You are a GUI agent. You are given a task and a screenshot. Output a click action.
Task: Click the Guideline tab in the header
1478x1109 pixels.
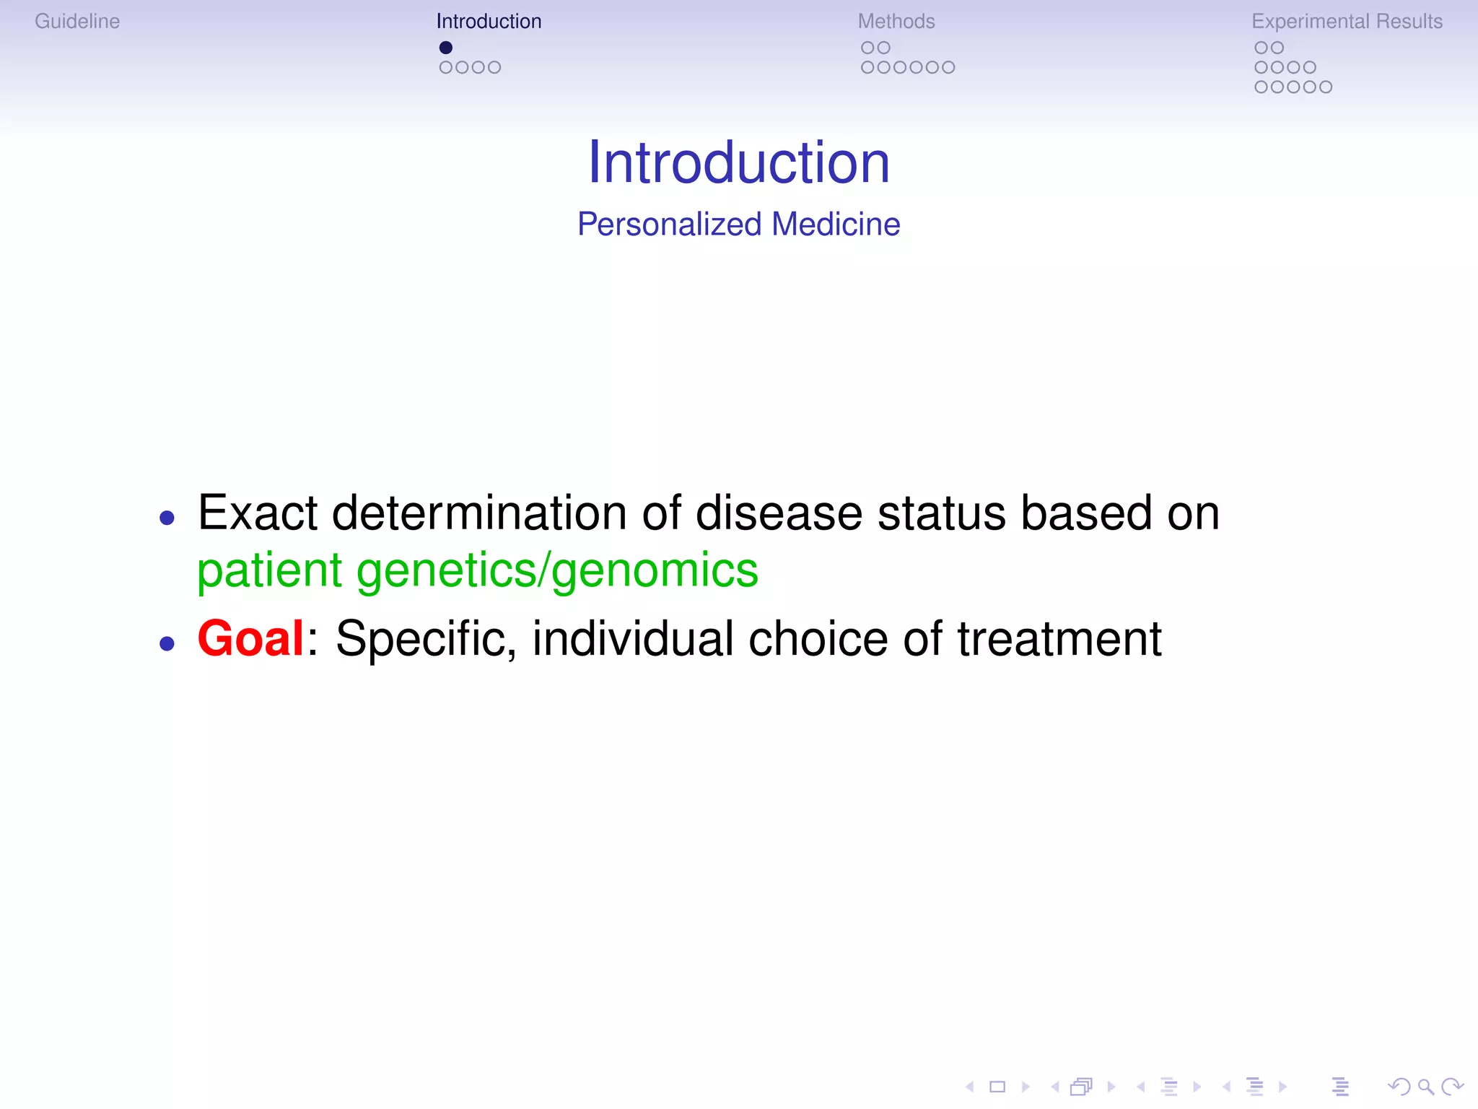click(x=77, y=22)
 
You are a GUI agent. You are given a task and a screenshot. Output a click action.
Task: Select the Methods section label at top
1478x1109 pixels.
click(x=896, y=22)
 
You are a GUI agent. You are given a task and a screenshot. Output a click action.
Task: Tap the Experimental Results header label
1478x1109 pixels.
click(x=1347, y=22)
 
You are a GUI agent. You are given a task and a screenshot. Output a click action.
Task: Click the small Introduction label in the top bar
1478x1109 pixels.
click(x=489, y=22)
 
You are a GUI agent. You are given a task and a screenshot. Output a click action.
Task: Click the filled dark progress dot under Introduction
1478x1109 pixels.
click(x=446, y=48)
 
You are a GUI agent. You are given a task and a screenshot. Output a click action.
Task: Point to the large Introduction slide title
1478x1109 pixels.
click(x=739, y=162)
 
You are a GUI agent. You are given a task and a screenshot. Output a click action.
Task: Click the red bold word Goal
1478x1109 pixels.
click(x=250, y=638)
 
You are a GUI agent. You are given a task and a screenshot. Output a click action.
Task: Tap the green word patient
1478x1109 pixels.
click(x=269, y=570)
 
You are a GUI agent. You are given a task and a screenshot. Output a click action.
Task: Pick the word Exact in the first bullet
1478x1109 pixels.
click(x=258, y=513)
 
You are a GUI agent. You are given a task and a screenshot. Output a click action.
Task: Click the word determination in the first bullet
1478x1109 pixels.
click(x=479, y=513)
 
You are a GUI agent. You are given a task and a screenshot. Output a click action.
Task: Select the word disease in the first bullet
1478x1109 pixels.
click(x=779, y=513)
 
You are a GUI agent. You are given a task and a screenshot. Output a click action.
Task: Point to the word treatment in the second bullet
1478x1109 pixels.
click(x=1059, y=639)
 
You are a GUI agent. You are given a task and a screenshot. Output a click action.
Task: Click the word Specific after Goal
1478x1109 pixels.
click(x=426, y=639)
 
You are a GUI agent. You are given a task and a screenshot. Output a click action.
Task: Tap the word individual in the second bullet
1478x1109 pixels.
click(x=632, y=639)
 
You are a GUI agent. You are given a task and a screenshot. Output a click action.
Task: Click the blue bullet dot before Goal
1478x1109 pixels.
click(x=167, y=643)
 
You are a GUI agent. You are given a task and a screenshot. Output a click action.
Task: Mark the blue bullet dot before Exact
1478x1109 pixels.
click(x=167, y=518)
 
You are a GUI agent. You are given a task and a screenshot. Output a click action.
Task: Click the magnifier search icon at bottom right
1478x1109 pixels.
click(x=1425, y=1087)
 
